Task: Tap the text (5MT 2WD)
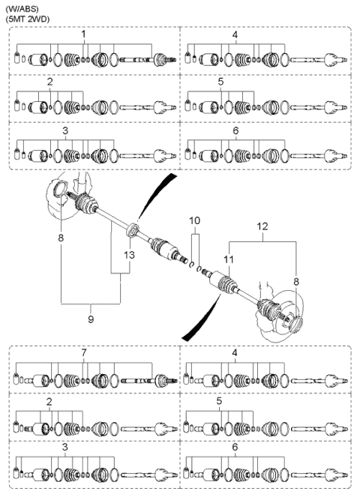(x=23, y=17)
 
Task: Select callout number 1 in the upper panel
(x=83, y=35)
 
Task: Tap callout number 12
(x=262, y=225)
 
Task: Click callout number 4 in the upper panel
(x=235, y=35)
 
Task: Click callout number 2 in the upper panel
(x=49, y=80)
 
